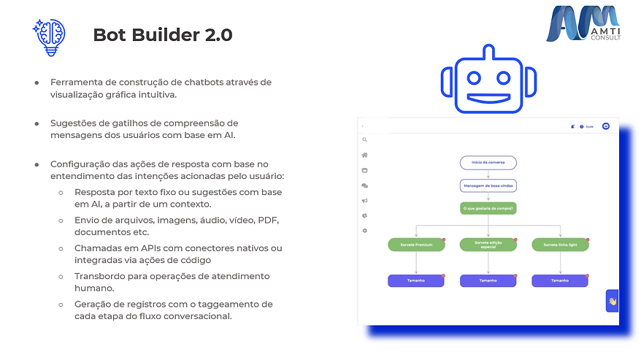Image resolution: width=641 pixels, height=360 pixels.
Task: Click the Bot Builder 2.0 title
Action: tap(163, 35)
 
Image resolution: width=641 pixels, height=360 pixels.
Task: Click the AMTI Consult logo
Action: tap(583, 24)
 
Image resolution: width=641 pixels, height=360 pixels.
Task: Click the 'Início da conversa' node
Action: tap(488, 162)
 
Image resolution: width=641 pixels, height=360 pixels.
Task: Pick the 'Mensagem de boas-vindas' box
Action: tap(488, 185)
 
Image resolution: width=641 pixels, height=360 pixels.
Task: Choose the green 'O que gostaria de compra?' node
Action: tap(488, 209)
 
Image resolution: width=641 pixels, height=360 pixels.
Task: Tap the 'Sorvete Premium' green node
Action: tap(416, 245)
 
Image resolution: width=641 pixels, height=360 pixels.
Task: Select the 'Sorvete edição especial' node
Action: tap(488, 245)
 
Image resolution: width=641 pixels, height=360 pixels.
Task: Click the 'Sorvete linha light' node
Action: tap(560, 245)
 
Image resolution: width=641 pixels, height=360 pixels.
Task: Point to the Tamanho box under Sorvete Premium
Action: tap(416, 280)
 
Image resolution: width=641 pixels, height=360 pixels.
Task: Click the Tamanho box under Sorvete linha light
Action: tap(560, 280)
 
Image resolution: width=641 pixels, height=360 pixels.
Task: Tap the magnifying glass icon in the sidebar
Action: tap(364, 139)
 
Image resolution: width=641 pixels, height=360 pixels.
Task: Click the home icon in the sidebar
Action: tap(364, 155)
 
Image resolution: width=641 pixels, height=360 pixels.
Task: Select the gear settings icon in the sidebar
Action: tap(364, 231)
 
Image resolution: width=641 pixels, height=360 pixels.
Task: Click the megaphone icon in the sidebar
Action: tap(364, 201)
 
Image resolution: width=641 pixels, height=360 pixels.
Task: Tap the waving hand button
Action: tap(613, 301)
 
